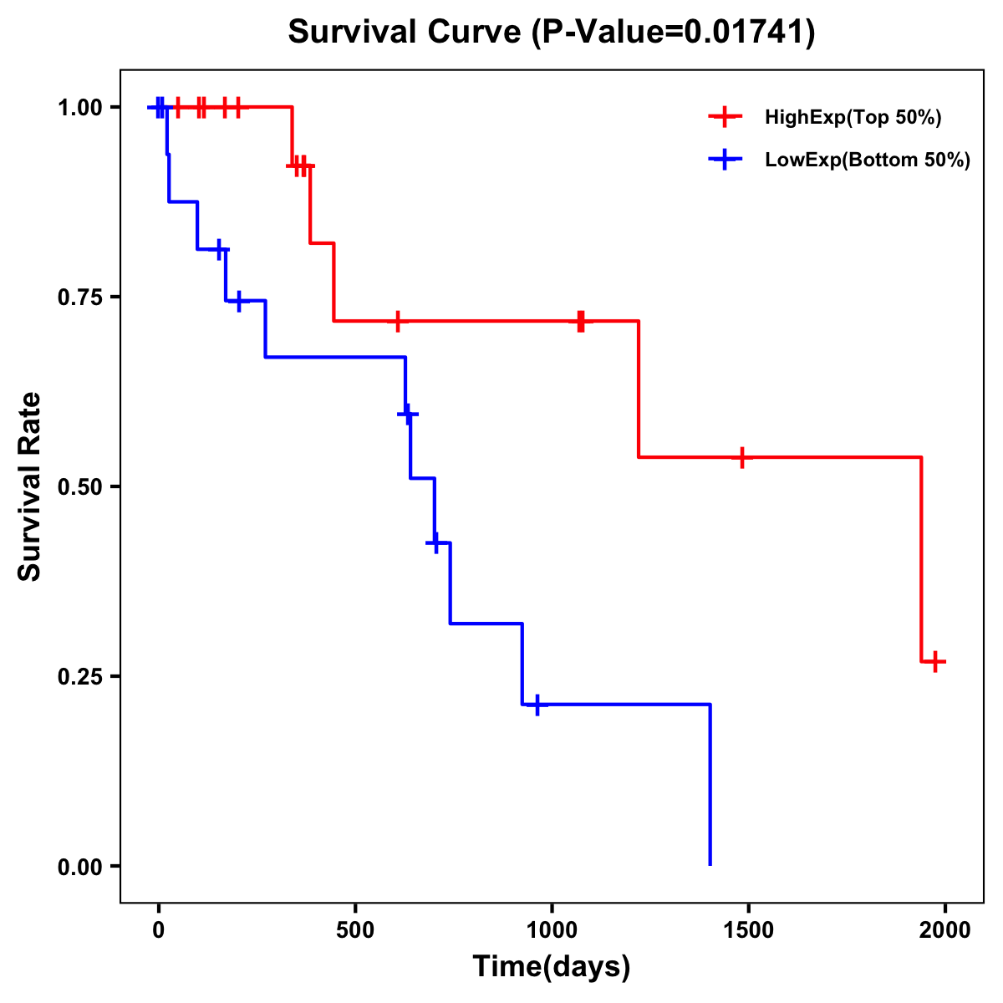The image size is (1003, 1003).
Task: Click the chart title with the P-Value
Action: (x=552, y=32)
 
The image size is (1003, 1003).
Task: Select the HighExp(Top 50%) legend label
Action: (x=853, y=118)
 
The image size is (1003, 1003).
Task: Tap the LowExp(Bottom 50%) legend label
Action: (x=868, y=160)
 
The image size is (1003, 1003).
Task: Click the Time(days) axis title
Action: (x=552, y=967)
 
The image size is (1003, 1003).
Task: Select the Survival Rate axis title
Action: (x=30, y=486)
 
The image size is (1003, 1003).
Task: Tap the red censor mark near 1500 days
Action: (x=741, y=457)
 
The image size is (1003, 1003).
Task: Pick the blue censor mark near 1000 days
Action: (x=537, y=705)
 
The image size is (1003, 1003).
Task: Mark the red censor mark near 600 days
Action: (x=398, y=321)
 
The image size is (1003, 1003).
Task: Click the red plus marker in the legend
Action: (x=725, y=117)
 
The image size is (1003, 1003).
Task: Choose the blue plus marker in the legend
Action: (x=725, y=160)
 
